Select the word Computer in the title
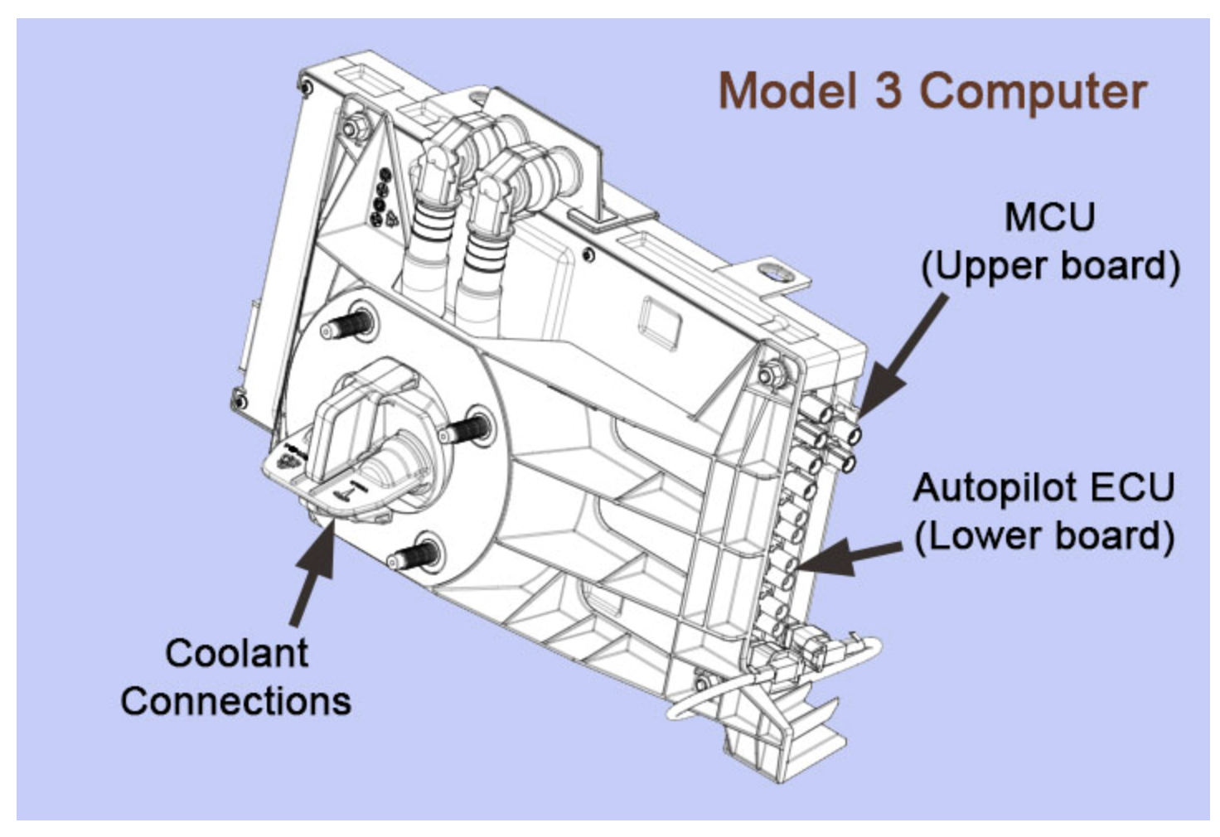(x=1034, y=92)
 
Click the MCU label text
(x=1049, y=218)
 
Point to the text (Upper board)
(x=1050, y=266)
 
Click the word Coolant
(x=236, y=653)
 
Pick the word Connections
(x=236, y=701)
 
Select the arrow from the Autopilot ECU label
(x=854, y=555)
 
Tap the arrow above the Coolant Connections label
(x=313, y=572)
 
